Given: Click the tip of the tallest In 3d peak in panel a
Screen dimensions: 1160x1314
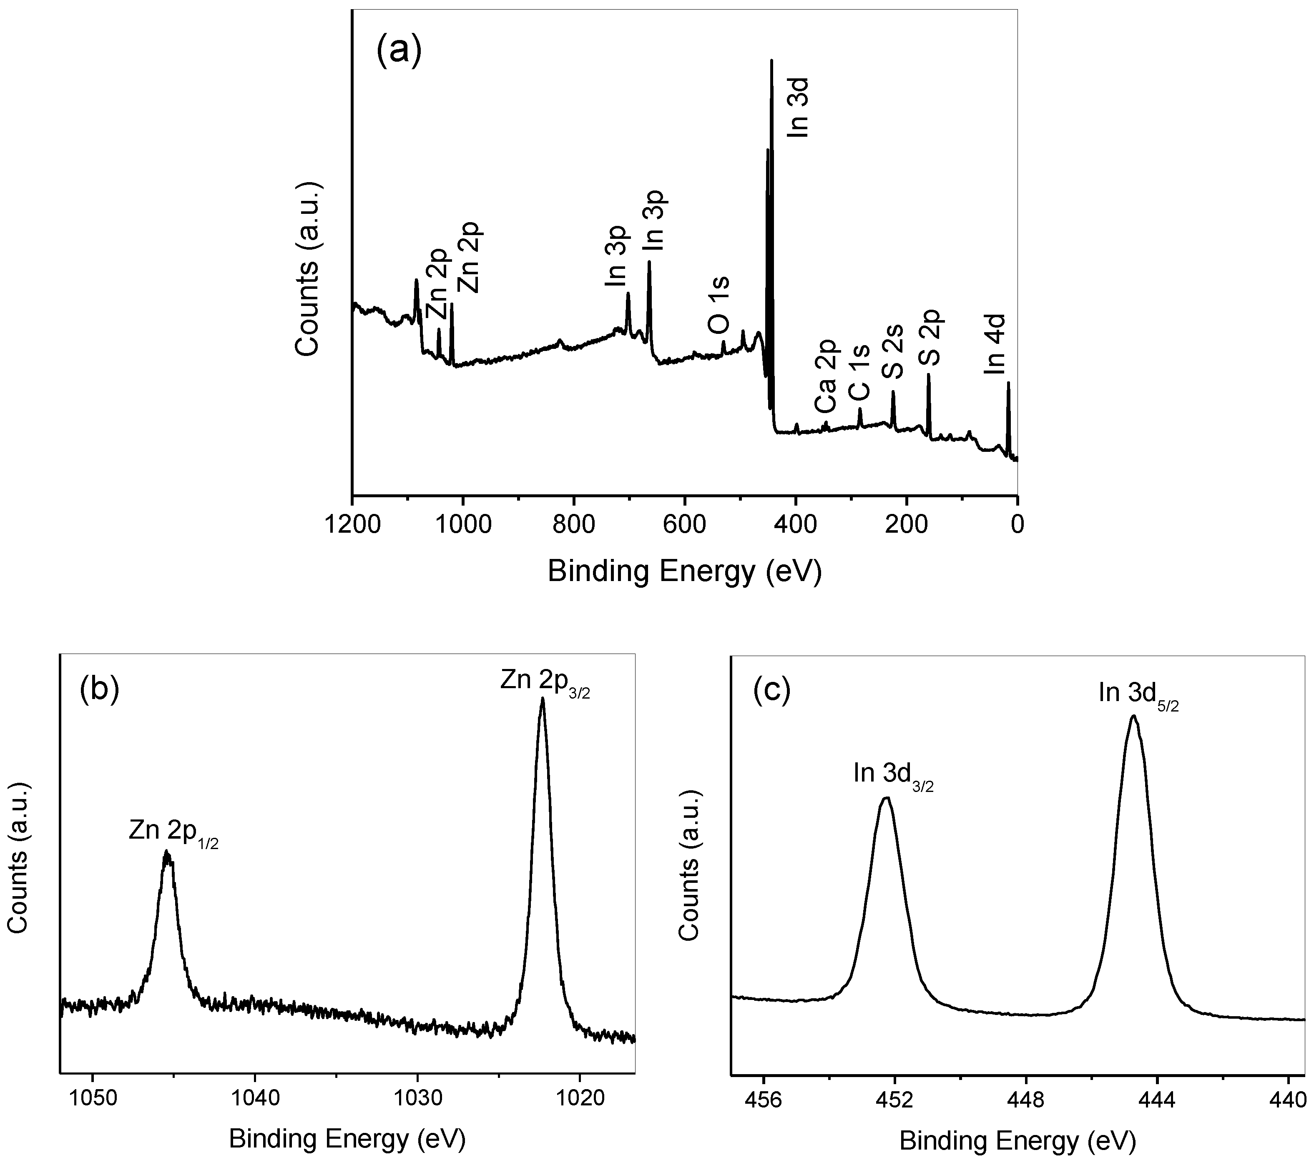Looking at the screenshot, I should pyautogui.click(x=771, y=60).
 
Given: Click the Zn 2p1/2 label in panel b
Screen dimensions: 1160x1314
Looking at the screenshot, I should pyautogui.click(x=173, y=832).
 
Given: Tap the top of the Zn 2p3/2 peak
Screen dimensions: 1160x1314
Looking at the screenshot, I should pyautogui.click(x=542, y=699).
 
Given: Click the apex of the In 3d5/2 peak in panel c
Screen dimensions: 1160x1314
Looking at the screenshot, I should pyautogui.click(x=1133, y=716).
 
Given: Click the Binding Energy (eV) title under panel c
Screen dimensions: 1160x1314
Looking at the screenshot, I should pyautogui.click(x=1018, y=1141).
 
